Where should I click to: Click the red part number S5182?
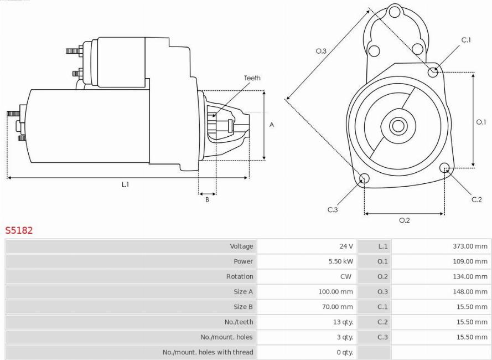[x=19, y=230]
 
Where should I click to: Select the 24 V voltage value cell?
[x=346, y=246]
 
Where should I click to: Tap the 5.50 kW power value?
[x=341, y=261]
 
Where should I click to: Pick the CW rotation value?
[x=346, y=276]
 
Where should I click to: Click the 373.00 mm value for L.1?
[x=470, y=246]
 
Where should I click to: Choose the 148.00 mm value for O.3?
[x=470, y=291]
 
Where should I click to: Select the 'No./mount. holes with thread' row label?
[x=208, y=352]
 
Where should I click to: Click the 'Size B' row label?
[x=243, y=307]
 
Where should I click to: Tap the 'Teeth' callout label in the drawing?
[x=252, y=78]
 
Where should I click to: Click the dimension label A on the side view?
[x=272, y=125]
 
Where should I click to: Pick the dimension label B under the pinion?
[x=207, y=199]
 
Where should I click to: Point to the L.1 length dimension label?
[x=126, y=184]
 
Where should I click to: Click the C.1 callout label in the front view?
[x=467, y=40]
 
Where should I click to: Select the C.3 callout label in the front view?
[x=333, y=210]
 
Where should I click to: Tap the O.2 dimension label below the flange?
[x=405, y=220]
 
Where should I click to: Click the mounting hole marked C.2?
[x=444, y=168]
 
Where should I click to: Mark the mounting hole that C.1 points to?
[x=433, y=72]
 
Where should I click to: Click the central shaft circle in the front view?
[x=398, y=126]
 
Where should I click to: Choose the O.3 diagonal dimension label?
[x=321, y=51]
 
